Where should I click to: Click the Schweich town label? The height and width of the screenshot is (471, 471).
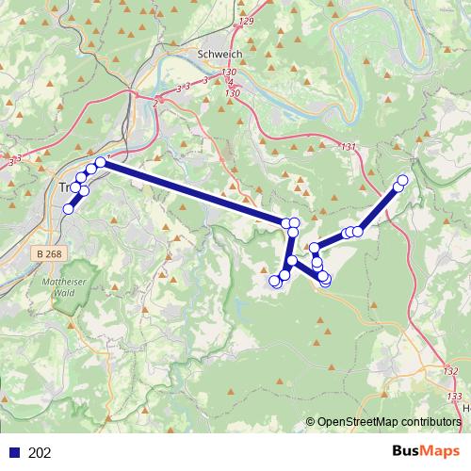coord(220,55)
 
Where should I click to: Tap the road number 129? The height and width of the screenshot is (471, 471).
coord(247,21)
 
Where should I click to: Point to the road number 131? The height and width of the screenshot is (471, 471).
coord(349,147)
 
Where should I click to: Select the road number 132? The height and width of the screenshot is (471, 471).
coord(449,371)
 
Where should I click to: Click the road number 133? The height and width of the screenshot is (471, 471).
coord(455,398)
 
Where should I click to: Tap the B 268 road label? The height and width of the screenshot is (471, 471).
coord(51,254)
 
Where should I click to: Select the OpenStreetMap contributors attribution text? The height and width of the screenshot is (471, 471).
coord(388,423)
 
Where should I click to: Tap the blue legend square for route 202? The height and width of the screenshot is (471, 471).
coord(15,453)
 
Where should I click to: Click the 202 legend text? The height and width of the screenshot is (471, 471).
coord(41,453)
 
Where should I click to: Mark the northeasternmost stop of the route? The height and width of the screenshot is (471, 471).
coord(403,180)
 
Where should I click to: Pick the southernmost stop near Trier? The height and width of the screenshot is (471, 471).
coord(68,209)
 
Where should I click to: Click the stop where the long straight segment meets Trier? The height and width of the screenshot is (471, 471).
coord(101,162)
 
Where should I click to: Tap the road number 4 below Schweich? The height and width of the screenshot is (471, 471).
coord(230,83)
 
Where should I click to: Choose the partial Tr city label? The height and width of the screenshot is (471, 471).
coord(66,187)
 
